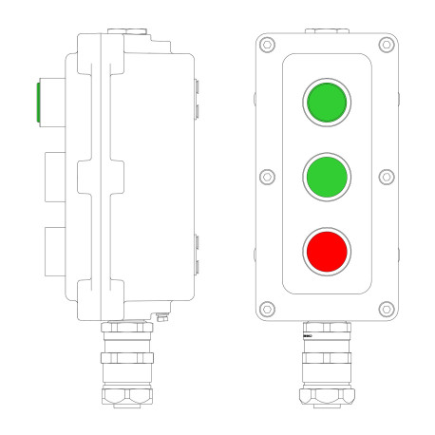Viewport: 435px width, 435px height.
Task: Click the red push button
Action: [x=327, y=251]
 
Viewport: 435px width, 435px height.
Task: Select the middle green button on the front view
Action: [x=327, y=176]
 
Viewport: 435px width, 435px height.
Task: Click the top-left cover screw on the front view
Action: [x=268, y=45]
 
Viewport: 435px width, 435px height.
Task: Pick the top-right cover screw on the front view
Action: [x=386, y=45]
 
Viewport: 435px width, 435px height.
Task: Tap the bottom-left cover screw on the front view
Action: [x=268, y=308]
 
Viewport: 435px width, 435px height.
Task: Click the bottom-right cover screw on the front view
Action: [x=386, y=308]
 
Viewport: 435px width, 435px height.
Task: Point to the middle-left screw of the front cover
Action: [x=267, y=177]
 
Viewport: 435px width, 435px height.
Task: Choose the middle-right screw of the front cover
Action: [x=387, y=177]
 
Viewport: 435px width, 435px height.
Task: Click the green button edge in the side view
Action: [x=37, y=102]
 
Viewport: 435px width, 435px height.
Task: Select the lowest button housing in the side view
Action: [x=53, y=249]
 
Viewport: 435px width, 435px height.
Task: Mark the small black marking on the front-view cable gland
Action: [x=308, y=336]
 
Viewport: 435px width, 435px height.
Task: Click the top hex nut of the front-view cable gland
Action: [x=327, y=329]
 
